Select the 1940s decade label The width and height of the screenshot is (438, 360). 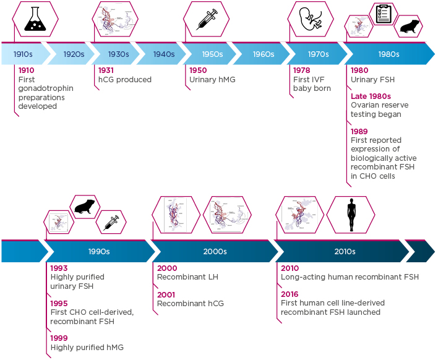point(164,54)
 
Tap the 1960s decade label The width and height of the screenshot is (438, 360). point(263,54)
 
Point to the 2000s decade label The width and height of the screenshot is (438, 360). point(215,252)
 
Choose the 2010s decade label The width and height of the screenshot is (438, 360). point(345,252)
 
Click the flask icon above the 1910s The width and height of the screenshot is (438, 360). point(35,20)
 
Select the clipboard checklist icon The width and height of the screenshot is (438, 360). point(384,14)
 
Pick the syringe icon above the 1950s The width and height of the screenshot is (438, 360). point(207,20)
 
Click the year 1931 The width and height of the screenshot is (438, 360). point(106,71)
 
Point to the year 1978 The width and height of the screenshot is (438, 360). point(301,71)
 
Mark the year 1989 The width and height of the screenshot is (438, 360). point(359,132)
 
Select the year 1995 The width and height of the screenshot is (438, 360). point(59,304)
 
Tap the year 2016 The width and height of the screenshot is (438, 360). point(290,294)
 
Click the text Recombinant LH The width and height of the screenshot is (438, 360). point(187,277)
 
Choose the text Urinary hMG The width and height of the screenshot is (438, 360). point(212,80)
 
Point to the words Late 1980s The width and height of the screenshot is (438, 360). point(371,96)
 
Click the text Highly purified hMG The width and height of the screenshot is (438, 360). point(87,348)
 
